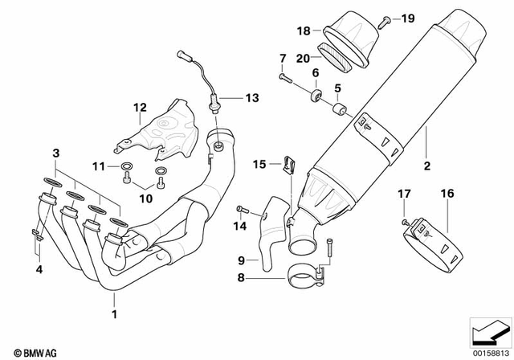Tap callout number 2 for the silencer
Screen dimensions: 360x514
426,166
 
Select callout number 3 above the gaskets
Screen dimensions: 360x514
55,152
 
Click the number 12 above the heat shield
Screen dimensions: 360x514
139,107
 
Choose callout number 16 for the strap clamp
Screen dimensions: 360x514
447,193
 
